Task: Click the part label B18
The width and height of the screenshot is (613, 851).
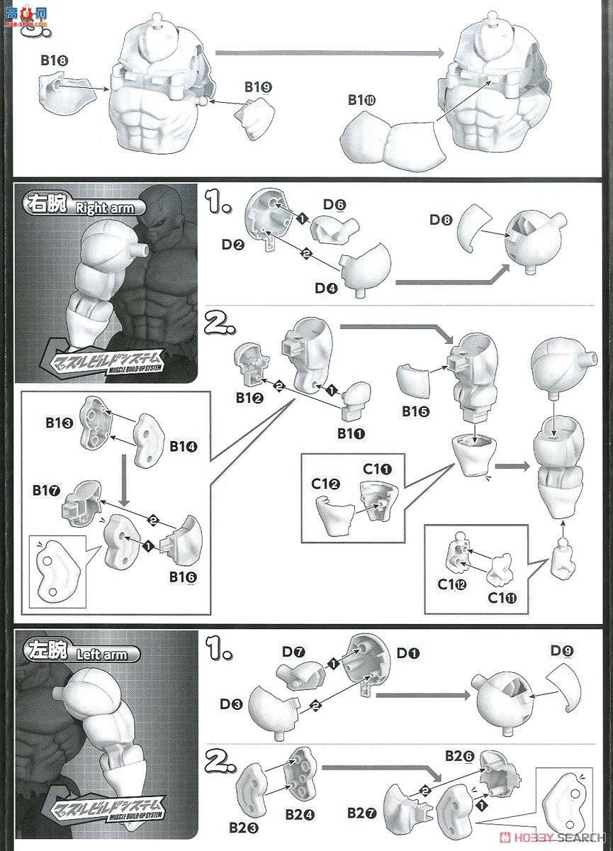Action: click(53, 61)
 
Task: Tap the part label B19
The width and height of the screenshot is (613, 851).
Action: click(258, 87)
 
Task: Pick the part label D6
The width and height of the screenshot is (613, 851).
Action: click(334, 205)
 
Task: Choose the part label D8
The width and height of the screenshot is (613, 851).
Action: click(440, 221)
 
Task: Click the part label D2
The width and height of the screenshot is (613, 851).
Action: click(232, 245)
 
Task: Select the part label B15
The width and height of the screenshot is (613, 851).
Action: click(415, 411)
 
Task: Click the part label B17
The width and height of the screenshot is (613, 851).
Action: click(45, 491)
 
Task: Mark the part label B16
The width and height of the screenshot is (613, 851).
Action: click(183, 577)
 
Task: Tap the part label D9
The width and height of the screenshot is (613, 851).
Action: click(562, 650)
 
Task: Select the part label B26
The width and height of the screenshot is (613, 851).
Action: click(459, 757)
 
